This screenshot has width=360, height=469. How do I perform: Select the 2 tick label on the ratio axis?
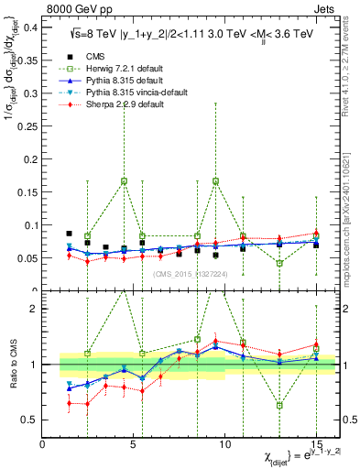pos(35,309)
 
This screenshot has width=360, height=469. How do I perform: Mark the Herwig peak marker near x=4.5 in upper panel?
pos(124,181)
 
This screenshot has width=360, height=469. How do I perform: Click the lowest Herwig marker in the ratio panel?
pos(279,405)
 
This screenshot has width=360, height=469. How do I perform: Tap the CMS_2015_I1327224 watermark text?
pos(190,274)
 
